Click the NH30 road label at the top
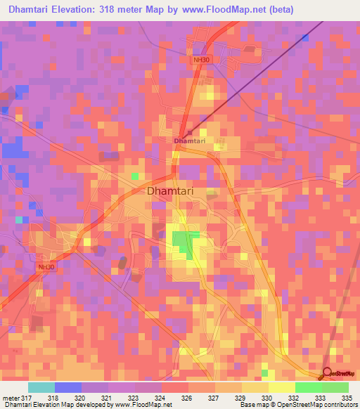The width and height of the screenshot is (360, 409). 201,60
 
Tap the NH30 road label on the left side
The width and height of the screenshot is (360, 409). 46,267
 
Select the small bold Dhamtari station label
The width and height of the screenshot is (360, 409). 189,141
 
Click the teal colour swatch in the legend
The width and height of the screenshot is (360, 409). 41,387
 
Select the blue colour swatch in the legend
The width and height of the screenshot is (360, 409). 68,387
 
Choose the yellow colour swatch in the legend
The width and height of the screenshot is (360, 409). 282,387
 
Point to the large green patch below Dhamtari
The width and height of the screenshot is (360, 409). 183,242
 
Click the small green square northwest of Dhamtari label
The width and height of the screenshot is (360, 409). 136,175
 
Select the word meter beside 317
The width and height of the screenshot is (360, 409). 11,397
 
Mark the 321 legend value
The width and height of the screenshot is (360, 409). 108,397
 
